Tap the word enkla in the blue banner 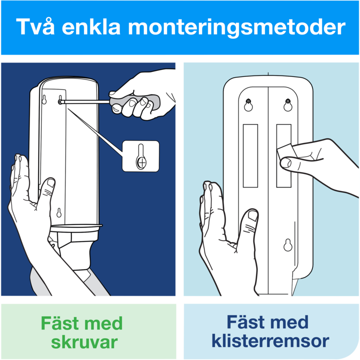(91, 26)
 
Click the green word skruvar (84, 342)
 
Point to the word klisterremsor (270, 340)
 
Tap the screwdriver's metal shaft (84, 101)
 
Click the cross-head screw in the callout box (141, 163)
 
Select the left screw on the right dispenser (248, 101)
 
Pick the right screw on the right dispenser (287, 101)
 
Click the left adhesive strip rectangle (250, 156)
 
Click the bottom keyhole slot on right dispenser (288, 245)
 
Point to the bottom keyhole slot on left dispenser (59, 213)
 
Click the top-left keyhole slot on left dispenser (44, 99)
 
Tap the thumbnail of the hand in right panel (253, 216)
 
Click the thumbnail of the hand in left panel (50, 183)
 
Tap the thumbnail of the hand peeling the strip (286, 163)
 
